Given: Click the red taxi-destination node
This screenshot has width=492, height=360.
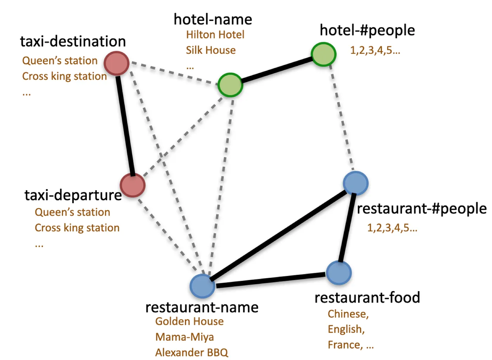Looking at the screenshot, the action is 117,63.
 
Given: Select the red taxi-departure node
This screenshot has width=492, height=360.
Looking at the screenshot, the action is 132,185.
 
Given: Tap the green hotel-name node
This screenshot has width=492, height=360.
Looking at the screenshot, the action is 230,85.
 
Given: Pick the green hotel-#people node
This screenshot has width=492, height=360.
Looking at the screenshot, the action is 323,54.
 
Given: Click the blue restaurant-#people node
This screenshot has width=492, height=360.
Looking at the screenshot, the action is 356,183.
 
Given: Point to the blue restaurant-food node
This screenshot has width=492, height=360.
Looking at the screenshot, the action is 339,273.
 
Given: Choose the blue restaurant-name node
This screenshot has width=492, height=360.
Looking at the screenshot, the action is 202,286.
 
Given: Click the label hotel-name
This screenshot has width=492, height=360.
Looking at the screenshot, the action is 213,19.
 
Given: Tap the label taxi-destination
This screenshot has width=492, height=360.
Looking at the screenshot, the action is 73,41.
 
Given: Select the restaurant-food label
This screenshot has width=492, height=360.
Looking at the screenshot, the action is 367,297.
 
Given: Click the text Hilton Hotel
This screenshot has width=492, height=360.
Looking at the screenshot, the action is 215,35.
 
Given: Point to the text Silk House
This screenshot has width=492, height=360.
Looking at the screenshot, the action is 211,50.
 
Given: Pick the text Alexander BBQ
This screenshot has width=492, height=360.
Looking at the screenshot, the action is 192,352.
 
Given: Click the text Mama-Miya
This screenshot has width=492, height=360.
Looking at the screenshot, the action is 184,337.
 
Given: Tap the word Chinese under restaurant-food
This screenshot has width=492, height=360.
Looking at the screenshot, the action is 348,314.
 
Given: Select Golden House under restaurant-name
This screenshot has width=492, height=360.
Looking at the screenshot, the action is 189,321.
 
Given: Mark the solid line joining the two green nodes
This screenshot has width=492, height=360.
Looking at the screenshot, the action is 277,70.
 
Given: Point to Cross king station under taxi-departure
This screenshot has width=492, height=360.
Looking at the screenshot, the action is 77,228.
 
